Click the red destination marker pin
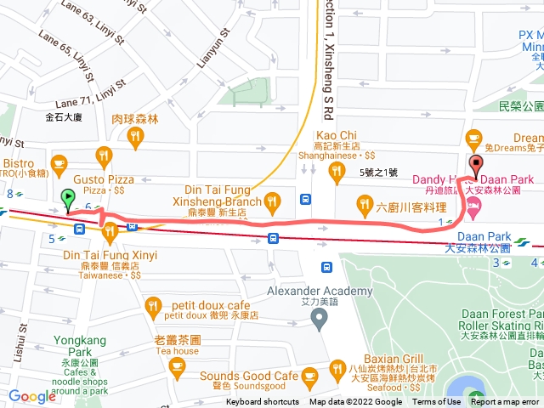(475, 166)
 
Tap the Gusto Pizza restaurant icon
(105, 155)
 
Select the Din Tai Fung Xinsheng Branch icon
(272, 201)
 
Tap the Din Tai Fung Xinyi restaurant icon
(110, 231)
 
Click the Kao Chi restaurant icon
(337, 173)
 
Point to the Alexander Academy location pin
(319, 320)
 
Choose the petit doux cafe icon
(153, 304)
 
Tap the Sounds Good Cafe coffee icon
(309, 375)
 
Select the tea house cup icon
(177, 367)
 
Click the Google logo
(32, 396)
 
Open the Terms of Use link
(436, 402)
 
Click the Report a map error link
(507, 402)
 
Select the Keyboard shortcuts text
(263, 402)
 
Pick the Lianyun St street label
(214, 49)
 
